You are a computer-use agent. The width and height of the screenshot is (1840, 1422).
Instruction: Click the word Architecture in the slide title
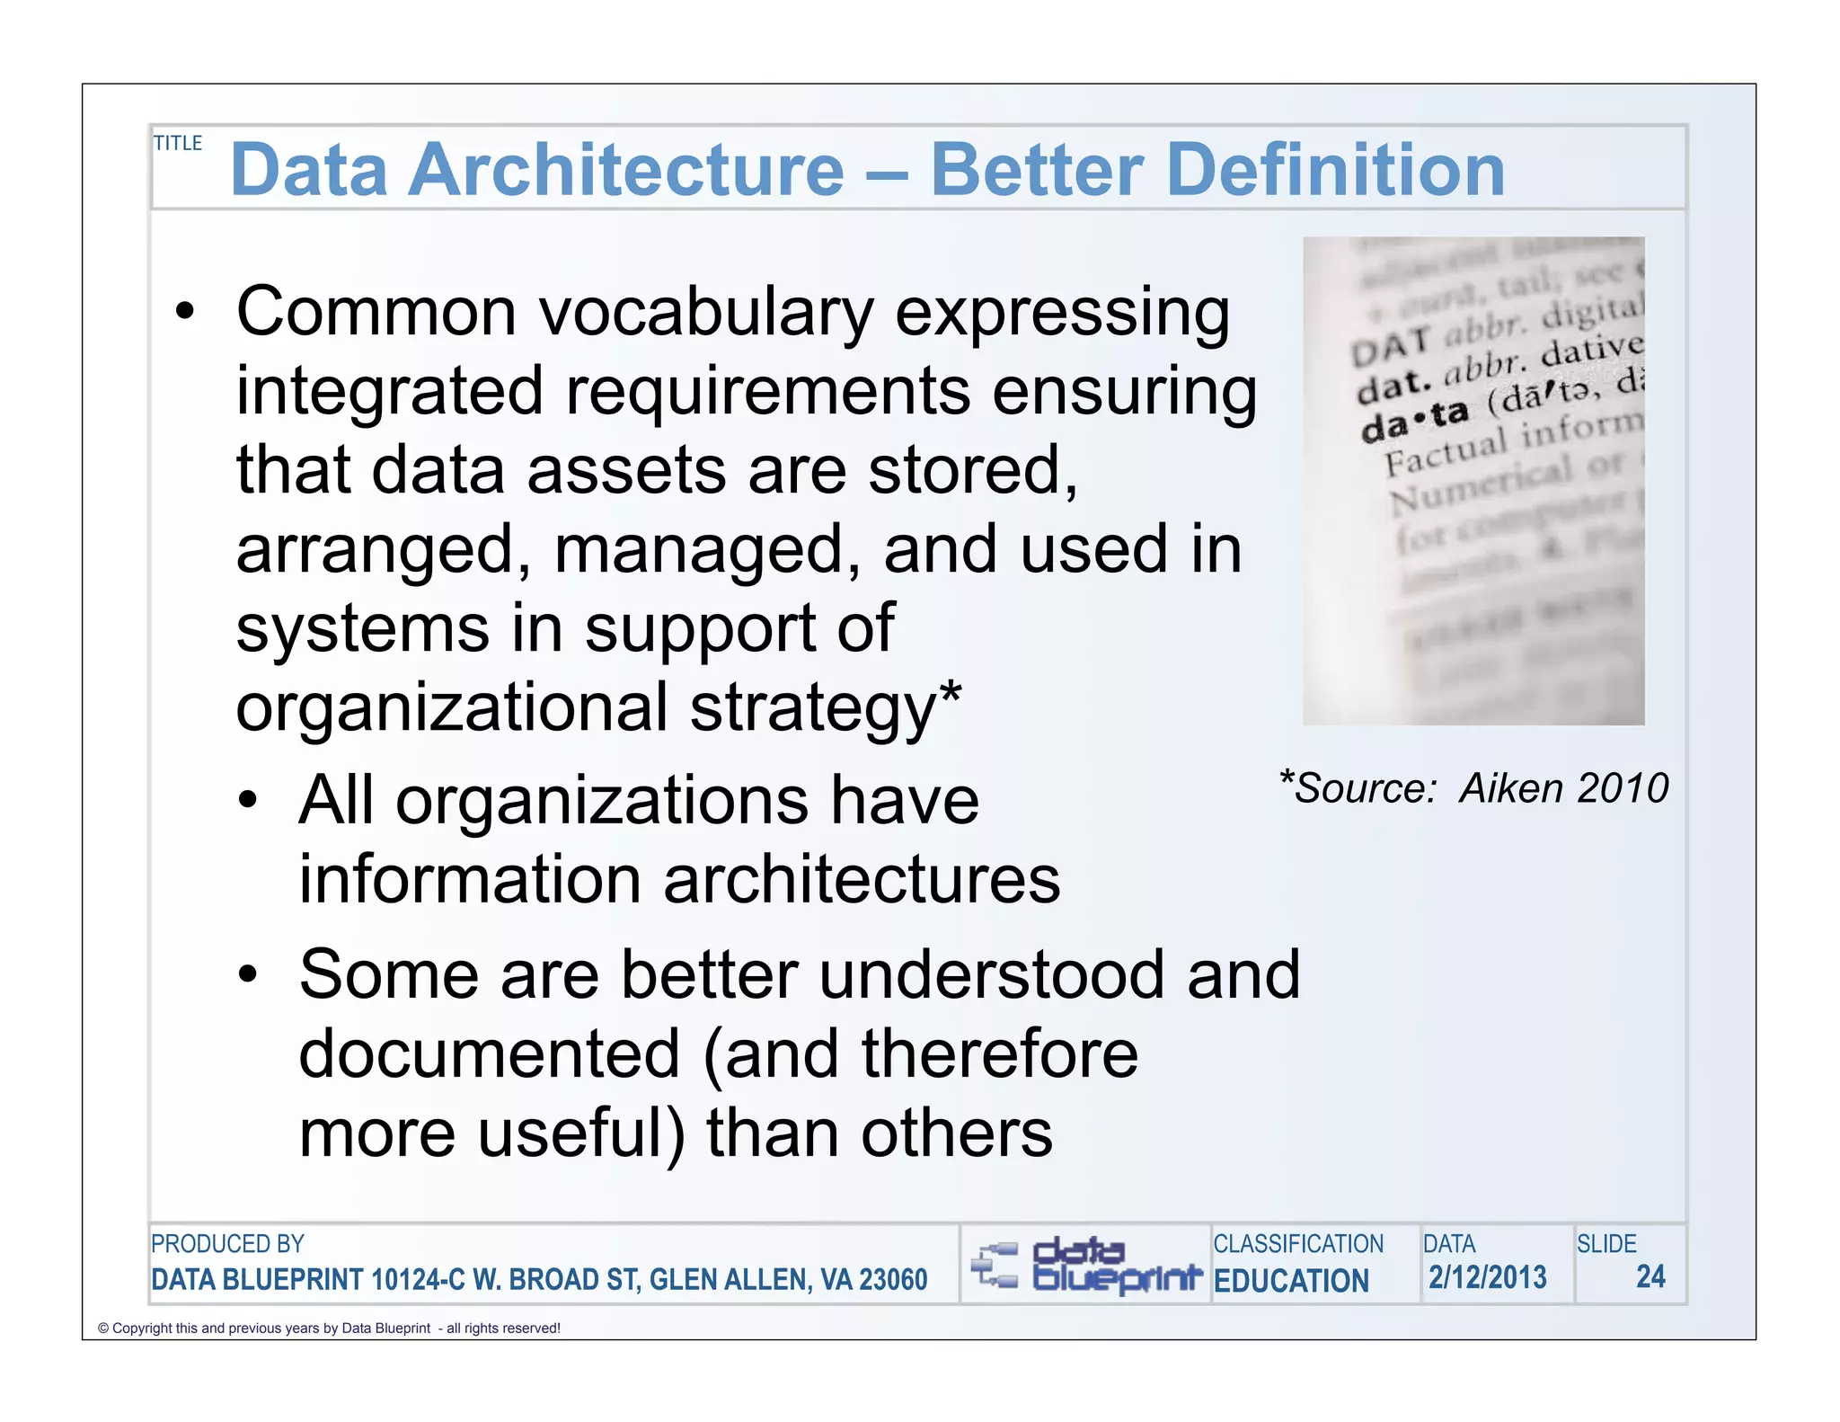(626, 170)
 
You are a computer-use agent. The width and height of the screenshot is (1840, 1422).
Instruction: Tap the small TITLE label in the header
(178, 143)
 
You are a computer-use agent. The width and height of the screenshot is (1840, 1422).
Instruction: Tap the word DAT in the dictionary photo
(1391, 346)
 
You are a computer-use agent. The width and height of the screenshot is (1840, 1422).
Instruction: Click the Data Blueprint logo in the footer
(1085, 1265)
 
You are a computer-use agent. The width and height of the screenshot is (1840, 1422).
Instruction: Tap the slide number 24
(1650, 1276)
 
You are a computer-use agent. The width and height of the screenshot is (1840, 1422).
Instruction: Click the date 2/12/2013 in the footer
(1488, 1277)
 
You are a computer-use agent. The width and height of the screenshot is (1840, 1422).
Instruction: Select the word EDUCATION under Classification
(1291, 1280)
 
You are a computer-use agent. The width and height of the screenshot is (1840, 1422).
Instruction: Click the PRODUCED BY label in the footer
(227, 1244)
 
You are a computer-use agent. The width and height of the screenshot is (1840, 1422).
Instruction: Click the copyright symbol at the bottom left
(102, 1329)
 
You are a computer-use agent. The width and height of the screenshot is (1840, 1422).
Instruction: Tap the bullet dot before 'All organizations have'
(248, 799)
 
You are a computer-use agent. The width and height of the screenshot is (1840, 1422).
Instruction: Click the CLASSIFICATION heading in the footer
(1298, 1244)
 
